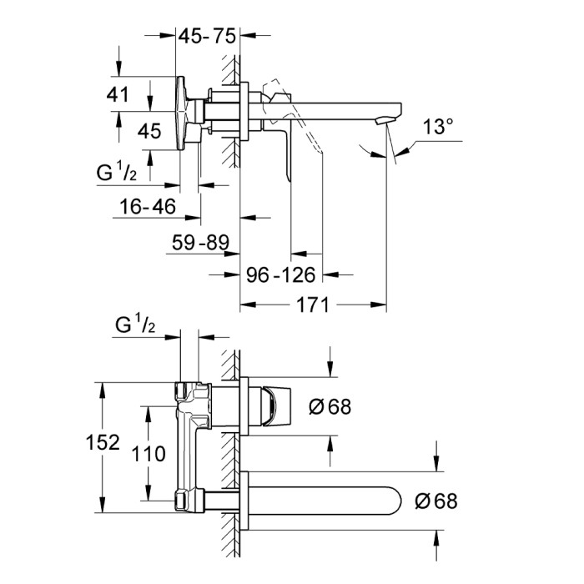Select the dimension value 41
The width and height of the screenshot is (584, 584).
pos(119,93)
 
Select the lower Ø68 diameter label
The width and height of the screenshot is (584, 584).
pos(436,501)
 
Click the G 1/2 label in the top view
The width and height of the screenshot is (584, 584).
pos(124,173)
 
